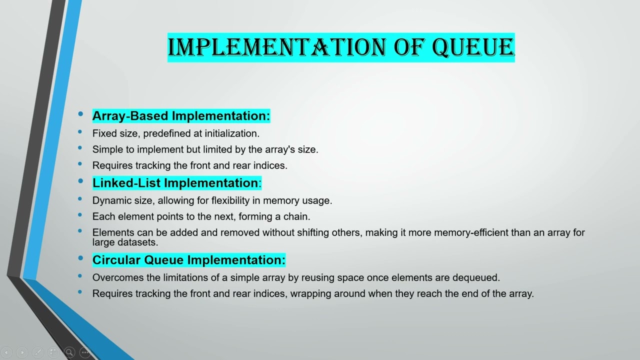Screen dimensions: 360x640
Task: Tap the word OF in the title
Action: (409, 47)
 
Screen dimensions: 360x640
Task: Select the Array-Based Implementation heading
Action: (181, 116)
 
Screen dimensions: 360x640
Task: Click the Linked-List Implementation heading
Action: (175, 183)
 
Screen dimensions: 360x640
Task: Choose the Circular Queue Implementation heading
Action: (188, 260)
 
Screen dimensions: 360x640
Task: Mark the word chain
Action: (297, 216)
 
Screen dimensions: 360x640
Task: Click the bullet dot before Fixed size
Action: (80, 132)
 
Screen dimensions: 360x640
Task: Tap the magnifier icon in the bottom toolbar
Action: (69, 352)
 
